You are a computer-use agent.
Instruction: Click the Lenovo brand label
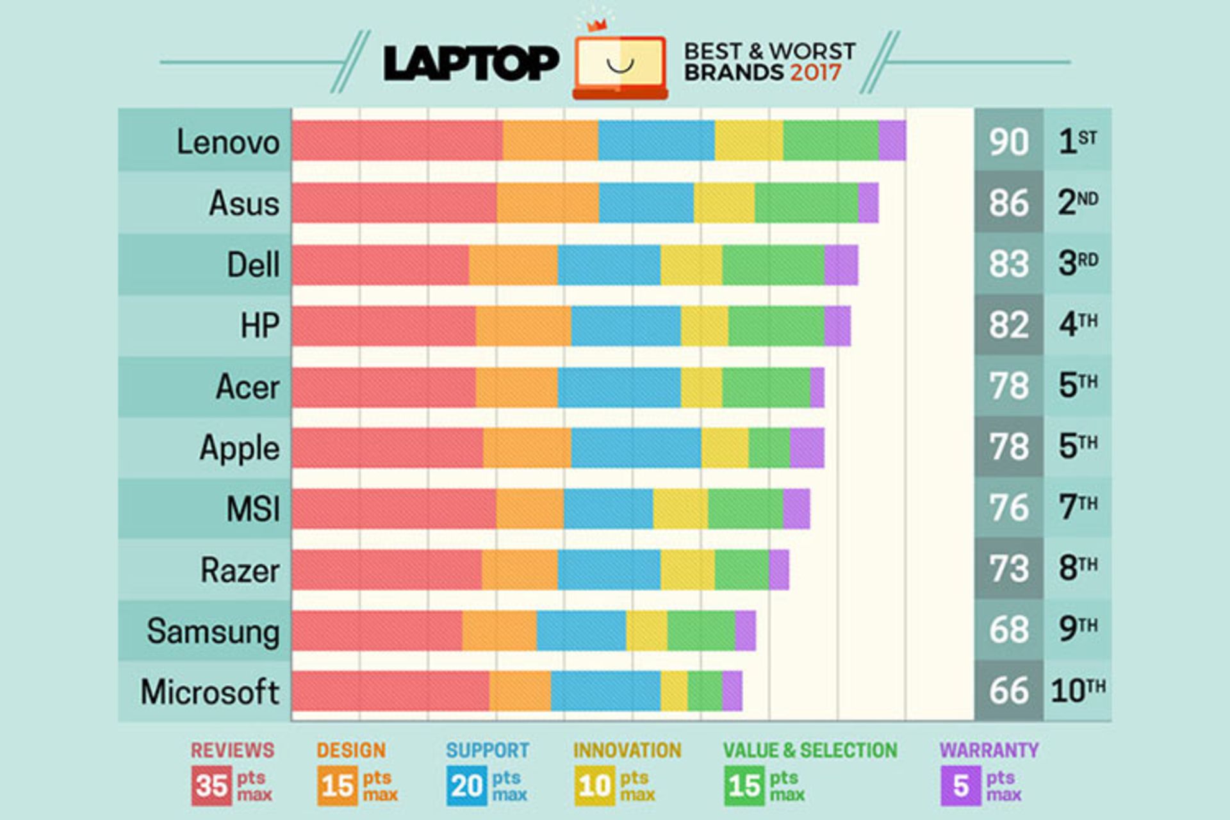[227, 142]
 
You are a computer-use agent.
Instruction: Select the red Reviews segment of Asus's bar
[394, 203]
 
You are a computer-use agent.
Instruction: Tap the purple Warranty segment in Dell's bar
[841, 265]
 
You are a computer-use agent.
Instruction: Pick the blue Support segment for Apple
[635, 448]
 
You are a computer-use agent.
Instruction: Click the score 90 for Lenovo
[1008, 142]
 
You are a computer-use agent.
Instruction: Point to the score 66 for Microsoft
[1008, 691]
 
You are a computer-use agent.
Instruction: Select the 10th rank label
[1078, 691]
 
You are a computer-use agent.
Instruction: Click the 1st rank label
[1078, 141]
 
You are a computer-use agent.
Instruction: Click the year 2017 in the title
[815, 72]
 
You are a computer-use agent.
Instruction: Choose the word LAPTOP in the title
[471, 63]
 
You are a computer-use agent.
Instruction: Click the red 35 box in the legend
[211, 786]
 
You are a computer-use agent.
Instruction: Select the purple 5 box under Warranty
[960, 786]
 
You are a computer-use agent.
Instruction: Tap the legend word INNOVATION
[627, 750]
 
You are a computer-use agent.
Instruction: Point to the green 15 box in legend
[744, 786]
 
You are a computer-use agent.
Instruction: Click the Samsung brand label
[213, 631]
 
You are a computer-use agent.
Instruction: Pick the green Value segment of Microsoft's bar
[705, 691]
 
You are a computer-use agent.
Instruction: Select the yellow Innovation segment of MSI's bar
[680, 509]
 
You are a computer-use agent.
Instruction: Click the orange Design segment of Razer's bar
[520, 570]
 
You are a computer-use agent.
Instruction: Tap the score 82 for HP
[1008, 325]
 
